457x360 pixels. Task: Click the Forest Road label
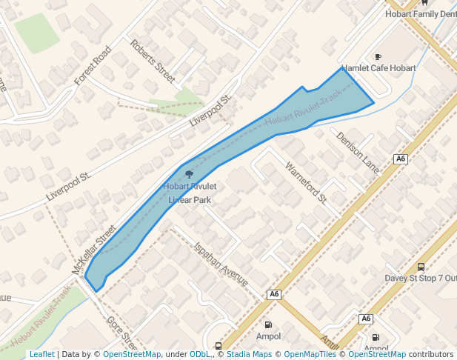92,64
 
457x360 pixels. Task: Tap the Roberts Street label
152,60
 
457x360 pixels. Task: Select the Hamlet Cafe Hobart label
378,68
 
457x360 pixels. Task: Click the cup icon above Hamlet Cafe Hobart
378,57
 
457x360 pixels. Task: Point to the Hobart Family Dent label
421,14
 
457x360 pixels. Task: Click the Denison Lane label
358,153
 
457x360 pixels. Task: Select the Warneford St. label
306,182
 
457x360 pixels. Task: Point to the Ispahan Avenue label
220,264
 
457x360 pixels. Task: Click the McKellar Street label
94,250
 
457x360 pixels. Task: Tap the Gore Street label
121,334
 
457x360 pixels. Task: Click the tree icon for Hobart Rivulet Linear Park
190,176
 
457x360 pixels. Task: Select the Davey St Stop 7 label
420,278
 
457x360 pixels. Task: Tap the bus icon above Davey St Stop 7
421,267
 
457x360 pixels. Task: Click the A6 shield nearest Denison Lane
401,159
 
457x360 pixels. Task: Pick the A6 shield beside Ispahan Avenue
275,294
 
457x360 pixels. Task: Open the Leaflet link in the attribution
41,354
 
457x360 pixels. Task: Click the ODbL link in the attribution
199,354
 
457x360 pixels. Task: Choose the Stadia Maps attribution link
247,354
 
